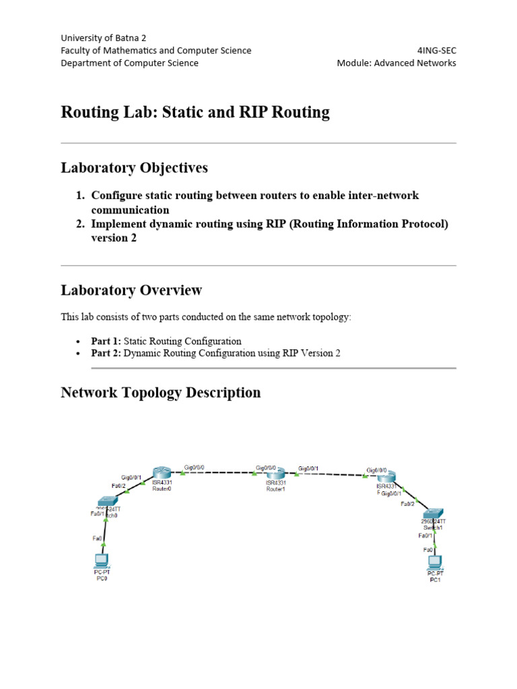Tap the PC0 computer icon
click(x=102, y=559)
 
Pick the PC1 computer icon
click(x=435, y=559)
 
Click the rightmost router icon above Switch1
click(x=386, y=476)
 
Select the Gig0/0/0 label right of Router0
click(x=195, y=466)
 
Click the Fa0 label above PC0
click(x=97, y=538)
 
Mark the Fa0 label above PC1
click(x=428, y=550)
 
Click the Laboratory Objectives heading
click(x=135, y=168)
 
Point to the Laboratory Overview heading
click(x=131, y=291)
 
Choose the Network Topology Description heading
click(x=161, y=392)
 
